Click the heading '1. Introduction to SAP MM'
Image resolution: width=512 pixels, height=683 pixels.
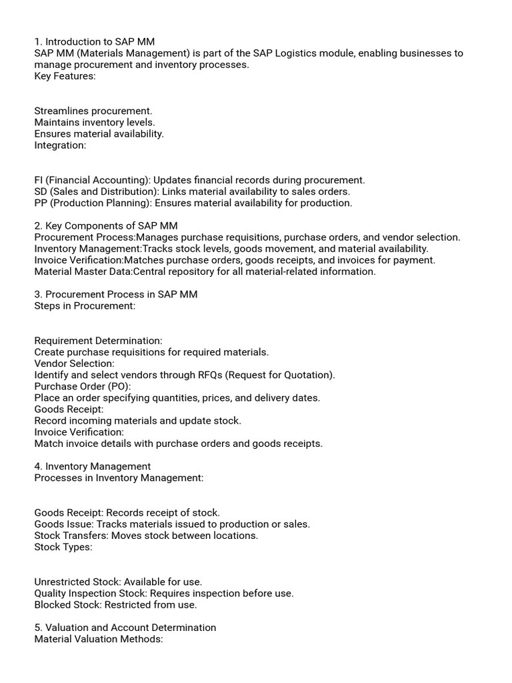tap(95, 42)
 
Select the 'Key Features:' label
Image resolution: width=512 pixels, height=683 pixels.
tap(65, 76)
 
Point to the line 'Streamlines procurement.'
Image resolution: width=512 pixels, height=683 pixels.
tap(93, 111)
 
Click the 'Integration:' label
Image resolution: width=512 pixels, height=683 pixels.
tap(60, 145)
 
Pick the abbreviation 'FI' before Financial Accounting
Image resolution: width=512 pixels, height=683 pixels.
tap(39, 180)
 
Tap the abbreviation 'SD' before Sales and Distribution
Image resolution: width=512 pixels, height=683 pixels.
tap(41, 191)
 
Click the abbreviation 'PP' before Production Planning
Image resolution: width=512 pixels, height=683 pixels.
tap(41, 203)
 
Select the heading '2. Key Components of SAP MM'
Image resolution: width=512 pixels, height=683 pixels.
tap(106, 226)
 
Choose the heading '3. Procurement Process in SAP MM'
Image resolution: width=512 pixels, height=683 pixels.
tap(116, 295)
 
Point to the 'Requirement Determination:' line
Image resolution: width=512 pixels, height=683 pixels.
tap(99, 341)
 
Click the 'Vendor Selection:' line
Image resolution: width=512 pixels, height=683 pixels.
tap(75, 364)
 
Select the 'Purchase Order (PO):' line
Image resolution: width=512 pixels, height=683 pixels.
tap(83, 386)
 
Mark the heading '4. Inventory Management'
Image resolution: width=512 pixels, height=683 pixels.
tap(93, 466)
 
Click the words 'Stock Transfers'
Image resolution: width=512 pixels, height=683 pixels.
tap(71, 536)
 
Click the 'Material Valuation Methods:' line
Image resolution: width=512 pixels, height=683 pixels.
tap(99, 639)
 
